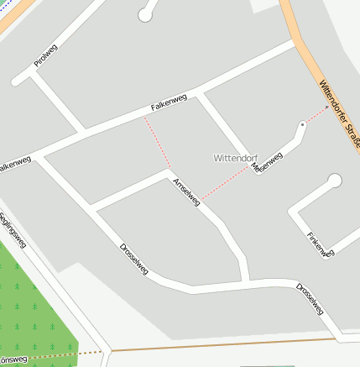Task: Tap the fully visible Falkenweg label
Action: pos(169,103)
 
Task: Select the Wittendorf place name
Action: pos(236,157)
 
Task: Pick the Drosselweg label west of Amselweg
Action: pos(134,260)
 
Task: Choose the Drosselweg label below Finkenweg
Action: pos(310,298)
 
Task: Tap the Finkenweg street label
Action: pos(321,244)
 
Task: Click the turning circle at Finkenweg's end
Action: pos(335,180)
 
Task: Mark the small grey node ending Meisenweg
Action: pos(302,125)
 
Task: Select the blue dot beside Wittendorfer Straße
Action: pos(327,107)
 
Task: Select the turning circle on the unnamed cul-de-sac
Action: pos(146,14)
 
